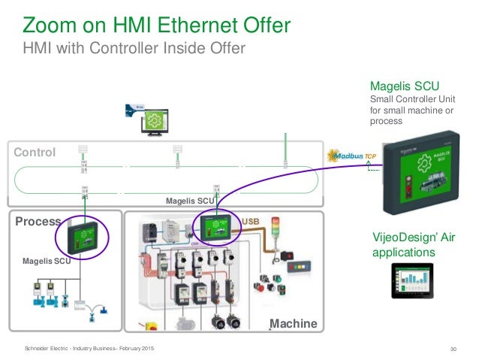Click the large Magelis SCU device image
426,178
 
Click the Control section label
35,153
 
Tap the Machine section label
294,323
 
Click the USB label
250,221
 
